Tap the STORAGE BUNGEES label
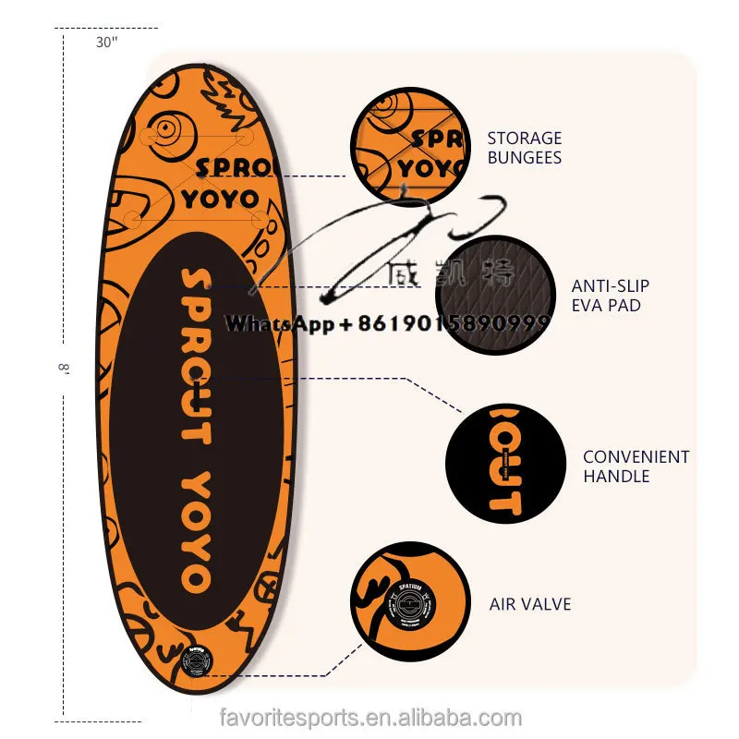(x=524, y=148)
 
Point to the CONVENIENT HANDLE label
(x=636, y=466)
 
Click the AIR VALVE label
(x=530, y=604)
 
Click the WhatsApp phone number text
(x=388, y=323)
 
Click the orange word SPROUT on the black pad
(x=196, y=356)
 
